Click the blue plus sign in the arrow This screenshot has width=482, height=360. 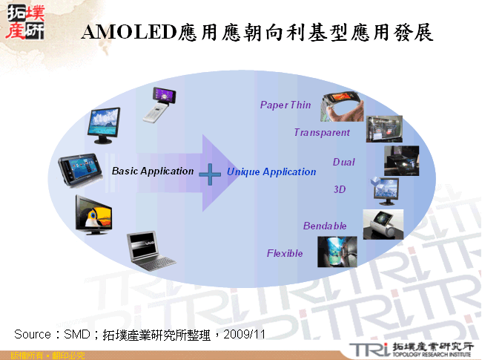[x=211, y=175]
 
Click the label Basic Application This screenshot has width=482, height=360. [x=153, y=171]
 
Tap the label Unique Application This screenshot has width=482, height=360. [x=271, y=172]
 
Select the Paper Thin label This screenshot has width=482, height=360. [x=285, y=105]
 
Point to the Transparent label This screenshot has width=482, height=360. [x=322, y=133]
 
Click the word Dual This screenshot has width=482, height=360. [x=343, y=163]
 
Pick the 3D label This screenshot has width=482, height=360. [x=340, y=190]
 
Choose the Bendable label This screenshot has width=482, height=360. [x=325, y=226]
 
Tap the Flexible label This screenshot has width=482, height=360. [x=285, y=254]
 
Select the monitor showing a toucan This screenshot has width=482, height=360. [x=94, y=213]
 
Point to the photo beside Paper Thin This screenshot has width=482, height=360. [x=342, y=107]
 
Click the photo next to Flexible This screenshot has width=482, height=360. [x=337, y=252]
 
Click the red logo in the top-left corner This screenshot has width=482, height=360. [x=24, y=22]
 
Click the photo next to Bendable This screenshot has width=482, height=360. [x=383, y=223]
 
